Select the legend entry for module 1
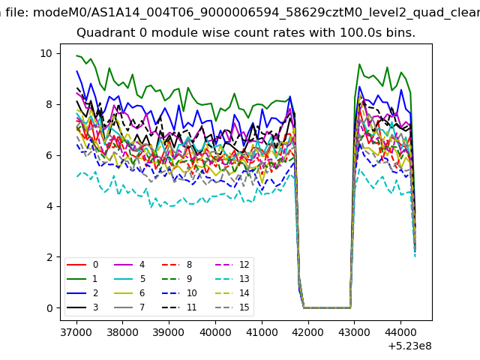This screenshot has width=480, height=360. tap(82, 279)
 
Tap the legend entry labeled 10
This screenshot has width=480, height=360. tap(179, 293)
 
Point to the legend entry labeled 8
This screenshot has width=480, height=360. tap(177, 265)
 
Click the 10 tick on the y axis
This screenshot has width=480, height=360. tap(46, 53)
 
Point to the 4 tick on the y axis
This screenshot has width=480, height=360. tap(49, 206)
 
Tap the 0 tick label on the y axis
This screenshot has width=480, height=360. tap(49, 308)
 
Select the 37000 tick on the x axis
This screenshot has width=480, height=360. tap(76, 332)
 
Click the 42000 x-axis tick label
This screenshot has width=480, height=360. tap(308, 332)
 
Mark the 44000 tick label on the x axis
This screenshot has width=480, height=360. tap(400, 332)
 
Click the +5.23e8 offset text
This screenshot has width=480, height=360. tap(409, 346)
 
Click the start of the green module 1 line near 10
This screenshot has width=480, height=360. tap(76, 55)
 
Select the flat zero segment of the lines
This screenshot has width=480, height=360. tap(327, 307)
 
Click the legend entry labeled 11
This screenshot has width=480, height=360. tap(179, 307)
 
